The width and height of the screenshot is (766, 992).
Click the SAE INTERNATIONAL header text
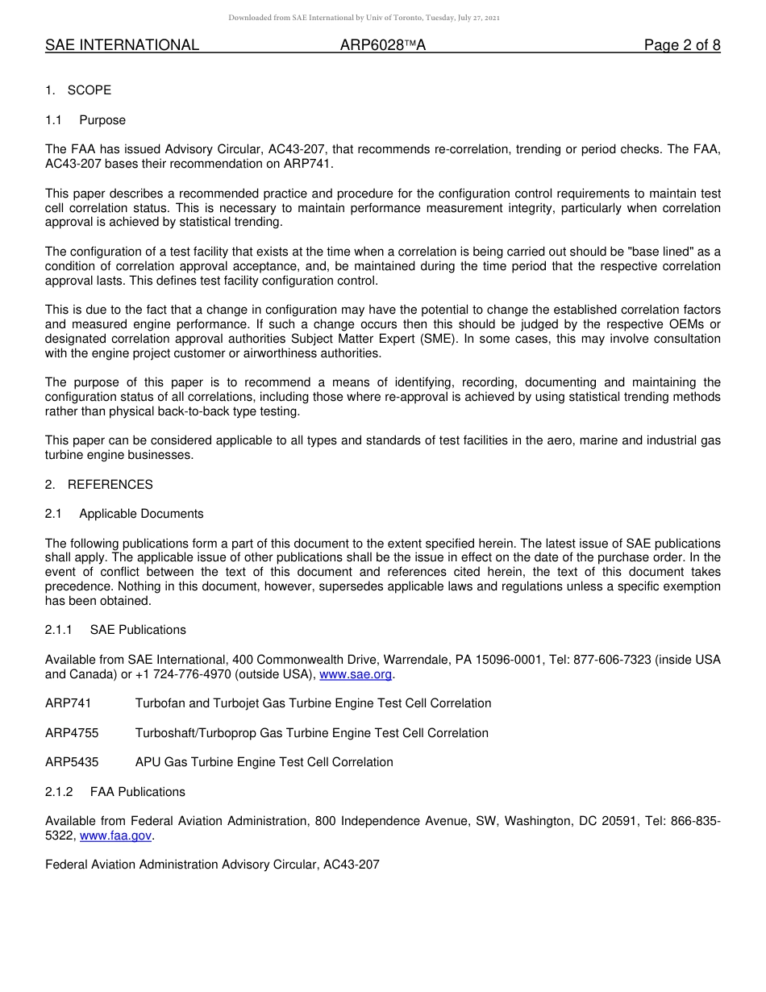point(122,46)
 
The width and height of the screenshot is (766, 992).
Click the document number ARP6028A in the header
point(382,46)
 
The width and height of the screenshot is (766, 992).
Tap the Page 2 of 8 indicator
point(681,46)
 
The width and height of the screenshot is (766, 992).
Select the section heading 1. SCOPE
point(78,90)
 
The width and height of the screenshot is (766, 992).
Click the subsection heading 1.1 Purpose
point(85,120)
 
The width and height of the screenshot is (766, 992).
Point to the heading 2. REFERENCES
point(98,485)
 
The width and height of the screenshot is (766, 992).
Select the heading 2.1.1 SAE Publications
point(115,630)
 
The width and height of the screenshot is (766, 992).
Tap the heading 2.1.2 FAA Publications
point(115,792)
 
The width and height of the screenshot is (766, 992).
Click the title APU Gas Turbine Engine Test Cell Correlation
point(264,762)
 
